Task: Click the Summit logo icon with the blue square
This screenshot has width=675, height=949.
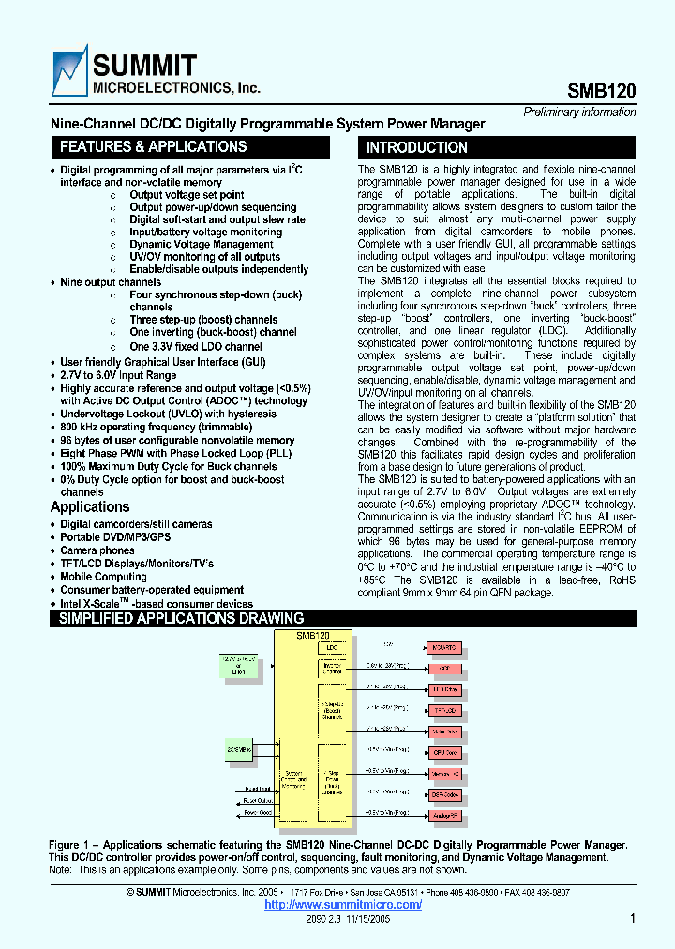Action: [x=69, y=72]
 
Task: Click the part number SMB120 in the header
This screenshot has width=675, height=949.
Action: [x=602, y=91]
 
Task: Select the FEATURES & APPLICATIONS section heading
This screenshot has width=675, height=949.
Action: [x=153, y=147]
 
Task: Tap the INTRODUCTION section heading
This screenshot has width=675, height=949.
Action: [x=417, y=148]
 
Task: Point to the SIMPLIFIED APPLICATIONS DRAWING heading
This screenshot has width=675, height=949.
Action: [x=181, y=619]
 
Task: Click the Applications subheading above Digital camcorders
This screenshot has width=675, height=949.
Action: [x=90, y=507]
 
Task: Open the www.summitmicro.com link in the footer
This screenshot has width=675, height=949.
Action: [x=343, y=905]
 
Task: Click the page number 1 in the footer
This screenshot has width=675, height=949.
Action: [x=634, y=919]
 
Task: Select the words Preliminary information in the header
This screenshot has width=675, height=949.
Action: [x=579, y=113]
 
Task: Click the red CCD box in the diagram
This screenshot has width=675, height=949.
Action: [x=445, y=669]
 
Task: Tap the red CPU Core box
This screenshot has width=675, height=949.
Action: [x=445, y=752]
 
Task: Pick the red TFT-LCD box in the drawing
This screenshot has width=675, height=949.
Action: [x=445, y=711]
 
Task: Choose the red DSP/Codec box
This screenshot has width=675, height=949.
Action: [x=445, y=794]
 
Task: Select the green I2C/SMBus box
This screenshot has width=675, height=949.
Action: [x=239, y=725]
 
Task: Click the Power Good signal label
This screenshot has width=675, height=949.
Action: [x=257, y=813]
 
